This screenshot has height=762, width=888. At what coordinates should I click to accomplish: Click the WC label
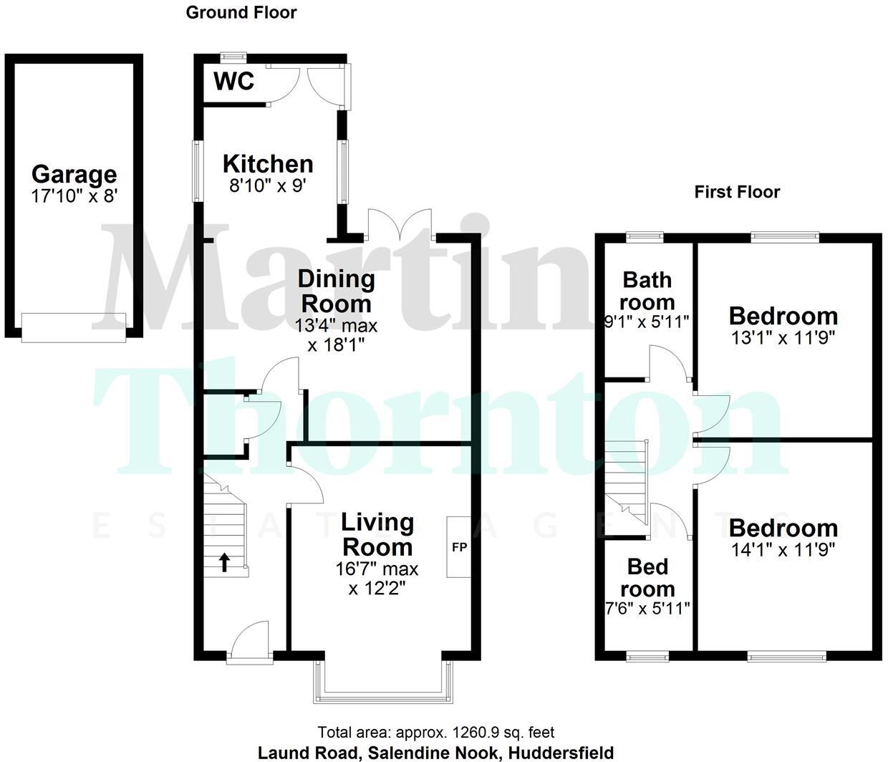click(x=234, y=81)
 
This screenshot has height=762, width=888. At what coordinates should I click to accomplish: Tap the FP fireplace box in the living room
click(x=459, y=546)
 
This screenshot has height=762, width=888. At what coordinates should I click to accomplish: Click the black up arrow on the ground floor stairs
click(x=224, y=562)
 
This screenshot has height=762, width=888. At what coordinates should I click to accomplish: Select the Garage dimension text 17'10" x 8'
click(x=74, y=196)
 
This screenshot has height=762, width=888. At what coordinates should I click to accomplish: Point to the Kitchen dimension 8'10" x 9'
click(x=268, y=184)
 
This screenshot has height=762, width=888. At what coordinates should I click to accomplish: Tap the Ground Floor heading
click(x=241, y=12)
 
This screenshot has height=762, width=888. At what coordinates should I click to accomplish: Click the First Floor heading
click(x=737, y=192)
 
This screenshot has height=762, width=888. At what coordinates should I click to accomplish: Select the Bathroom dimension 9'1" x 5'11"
click(x=647, y=322)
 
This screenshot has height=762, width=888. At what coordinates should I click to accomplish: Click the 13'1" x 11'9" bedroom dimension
click(x=783, y=336)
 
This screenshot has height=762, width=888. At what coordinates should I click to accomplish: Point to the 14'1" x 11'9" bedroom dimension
click(x=783, y=549)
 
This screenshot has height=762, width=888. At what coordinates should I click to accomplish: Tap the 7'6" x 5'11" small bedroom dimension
click(x=647, y=609)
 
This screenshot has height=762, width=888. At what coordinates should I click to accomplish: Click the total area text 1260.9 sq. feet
click(x=436, y=733)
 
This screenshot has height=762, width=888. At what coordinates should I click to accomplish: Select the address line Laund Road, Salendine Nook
click(x=435, y=753)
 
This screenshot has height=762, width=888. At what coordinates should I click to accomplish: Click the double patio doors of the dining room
click(x=400, y=223)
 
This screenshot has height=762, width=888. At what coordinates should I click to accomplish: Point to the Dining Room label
click(x=336, y=290)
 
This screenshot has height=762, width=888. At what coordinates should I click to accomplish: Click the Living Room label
click(x=377, y=534)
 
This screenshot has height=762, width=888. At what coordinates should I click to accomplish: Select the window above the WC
click(x=233, y=56)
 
